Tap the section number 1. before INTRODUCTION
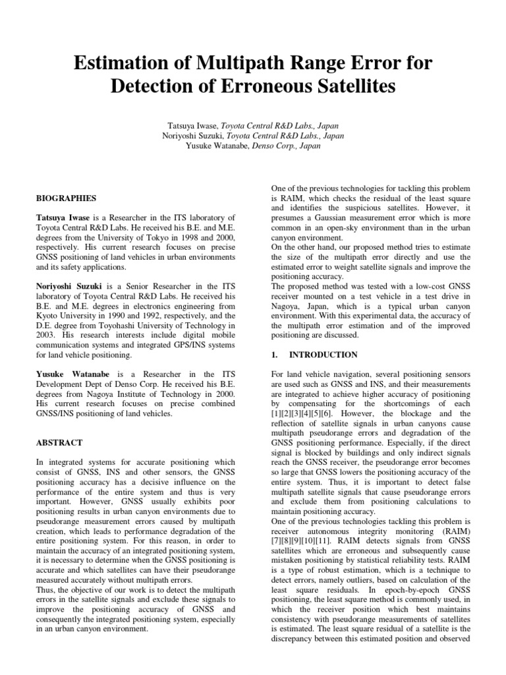[275, 355]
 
